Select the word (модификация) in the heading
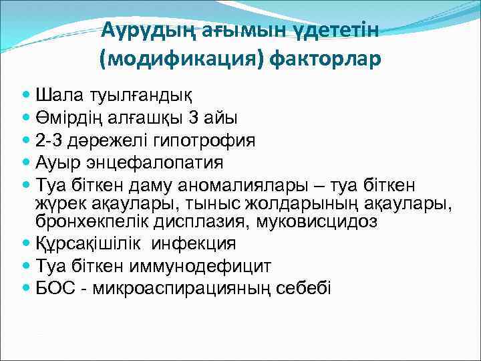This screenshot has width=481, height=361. tap(182, 60)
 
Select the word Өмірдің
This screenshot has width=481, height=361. tap(71, 118)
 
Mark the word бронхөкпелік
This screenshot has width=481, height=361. tap(90, 221)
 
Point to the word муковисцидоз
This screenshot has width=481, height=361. tap(309, 221)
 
